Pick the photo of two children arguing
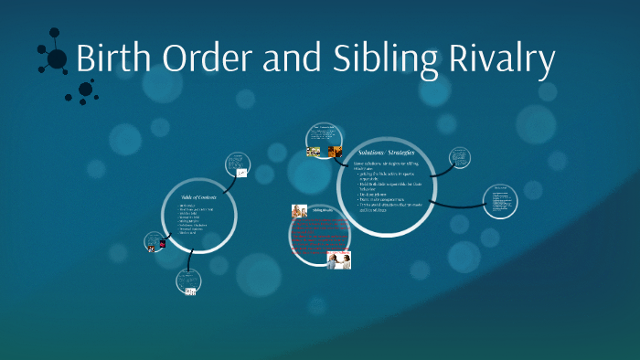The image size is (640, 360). point(339,259)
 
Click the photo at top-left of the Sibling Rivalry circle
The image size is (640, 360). point(299,211)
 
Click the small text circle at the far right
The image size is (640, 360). point(500,201)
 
